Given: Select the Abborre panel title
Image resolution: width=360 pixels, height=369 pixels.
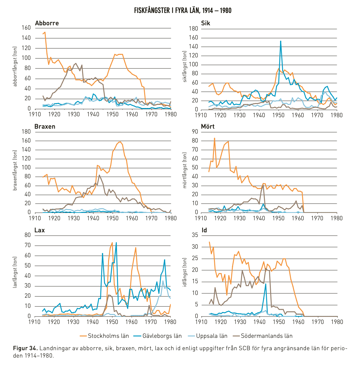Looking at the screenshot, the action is pos(47,23).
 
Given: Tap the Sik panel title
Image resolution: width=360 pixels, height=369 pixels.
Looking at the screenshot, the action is pos(206,23).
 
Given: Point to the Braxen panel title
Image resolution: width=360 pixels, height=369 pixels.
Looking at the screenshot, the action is pos(45,126).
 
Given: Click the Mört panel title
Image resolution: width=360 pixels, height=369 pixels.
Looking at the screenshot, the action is pos(208,126).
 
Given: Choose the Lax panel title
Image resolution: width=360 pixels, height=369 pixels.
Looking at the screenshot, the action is pos(40,230).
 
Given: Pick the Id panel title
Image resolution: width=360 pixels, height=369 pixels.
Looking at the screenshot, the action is pos(204,230).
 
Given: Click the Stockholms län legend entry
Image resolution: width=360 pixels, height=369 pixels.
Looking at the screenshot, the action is pos(104,336).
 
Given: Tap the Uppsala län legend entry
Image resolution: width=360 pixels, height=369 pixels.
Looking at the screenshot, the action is pos(208,336).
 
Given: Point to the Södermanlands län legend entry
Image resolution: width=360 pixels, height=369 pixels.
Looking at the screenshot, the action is pos(262,336).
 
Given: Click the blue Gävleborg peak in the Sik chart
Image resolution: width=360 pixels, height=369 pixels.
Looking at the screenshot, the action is pos(281,41).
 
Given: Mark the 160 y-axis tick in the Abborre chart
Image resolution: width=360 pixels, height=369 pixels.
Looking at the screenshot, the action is pos(26,28).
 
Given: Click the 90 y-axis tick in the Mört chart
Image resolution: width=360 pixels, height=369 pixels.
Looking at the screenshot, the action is pos(195,131).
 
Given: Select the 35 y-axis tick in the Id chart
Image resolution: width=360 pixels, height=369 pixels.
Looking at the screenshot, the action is pos(195,235).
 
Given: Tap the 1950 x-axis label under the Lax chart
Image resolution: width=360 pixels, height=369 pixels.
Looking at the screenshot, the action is pos(112,322).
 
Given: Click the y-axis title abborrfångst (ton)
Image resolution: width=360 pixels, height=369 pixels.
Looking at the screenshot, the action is pos(15,67).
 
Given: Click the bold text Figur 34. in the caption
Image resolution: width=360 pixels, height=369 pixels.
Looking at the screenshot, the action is pos(25,348).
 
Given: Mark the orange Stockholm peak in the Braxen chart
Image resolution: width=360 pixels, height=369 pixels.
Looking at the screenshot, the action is pos(120,142).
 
